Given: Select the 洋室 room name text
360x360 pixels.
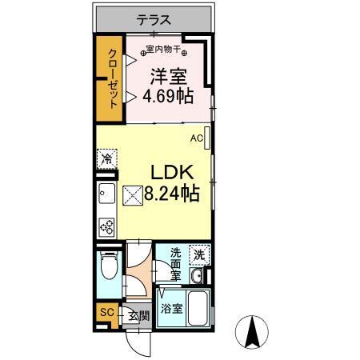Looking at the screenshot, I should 170,78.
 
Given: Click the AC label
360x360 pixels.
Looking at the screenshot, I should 195,138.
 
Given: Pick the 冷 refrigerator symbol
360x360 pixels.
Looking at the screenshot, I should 106,158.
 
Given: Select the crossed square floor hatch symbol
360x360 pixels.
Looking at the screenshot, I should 132,194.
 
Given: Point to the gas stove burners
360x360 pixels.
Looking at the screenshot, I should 106,226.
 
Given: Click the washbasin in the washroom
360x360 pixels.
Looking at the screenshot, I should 197,276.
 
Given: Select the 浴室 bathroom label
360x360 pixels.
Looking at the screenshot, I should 168,307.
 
